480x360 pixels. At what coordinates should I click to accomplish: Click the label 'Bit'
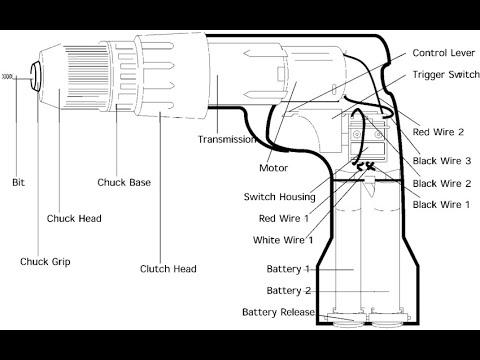(x=18, y=182)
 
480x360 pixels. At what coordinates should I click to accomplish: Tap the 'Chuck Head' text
(x=74, y=217)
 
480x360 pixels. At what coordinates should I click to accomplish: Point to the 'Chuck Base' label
(x=125, y=182)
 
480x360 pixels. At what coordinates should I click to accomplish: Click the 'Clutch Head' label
(x=168, y=268)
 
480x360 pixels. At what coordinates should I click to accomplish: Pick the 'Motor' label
(x=273, y=167)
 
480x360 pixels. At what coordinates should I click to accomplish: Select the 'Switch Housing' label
(x=278, y=196)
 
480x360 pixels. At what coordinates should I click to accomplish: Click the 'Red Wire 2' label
(x=437, y=132)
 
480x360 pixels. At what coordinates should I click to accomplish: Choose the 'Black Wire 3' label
(x=441, y=160)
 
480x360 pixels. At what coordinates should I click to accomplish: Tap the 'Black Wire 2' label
(x=441, y=183)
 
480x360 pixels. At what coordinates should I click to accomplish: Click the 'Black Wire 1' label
(x=441, y=204)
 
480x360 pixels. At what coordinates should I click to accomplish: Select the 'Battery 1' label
(x=288, y=269)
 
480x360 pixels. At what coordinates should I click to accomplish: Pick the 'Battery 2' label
(x=288, y=290)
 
